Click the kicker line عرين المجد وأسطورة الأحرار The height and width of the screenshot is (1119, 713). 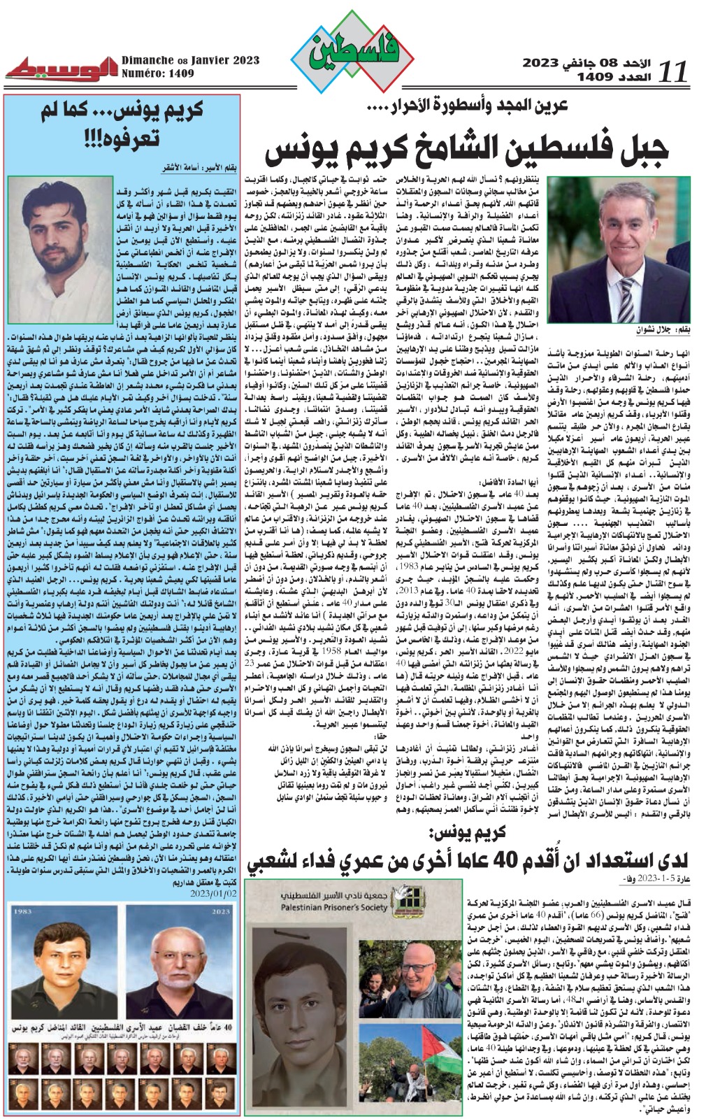467,107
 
